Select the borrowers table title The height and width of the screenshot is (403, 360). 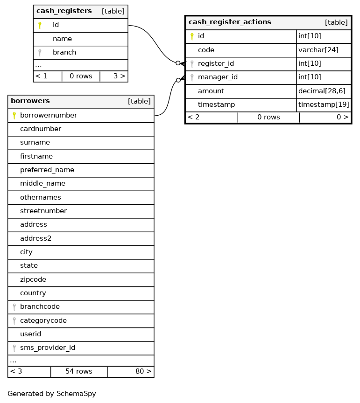coord(30,101)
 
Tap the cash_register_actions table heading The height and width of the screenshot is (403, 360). coord(230,22)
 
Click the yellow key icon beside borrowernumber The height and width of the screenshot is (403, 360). coord(14,115)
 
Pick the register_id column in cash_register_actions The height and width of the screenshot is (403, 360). coord(216,63)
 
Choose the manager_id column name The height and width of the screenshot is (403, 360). coord(218,77)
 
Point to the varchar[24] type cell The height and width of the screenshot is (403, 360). coord(318,50)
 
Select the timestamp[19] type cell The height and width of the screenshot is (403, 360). coord(324,105)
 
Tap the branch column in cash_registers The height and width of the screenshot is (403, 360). coord(64,52)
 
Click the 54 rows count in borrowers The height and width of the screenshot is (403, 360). coord(79,372)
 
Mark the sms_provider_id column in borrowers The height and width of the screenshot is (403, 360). coord(48,348)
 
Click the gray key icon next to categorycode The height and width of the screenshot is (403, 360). coord(14,321)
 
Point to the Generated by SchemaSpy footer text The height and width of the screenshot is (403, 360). coord(52,394)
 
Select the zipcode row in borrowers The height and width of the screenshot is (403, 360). coord(33,280)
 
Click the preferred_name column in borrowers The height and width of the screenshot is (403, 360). coord(47,170)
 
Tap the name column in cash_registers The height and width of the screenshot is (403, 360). coord(62,39)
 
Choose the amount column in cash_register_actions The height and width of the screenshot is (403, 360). coord(211,91)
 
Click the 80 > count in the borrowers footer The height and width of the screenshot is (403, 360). coord(143,372)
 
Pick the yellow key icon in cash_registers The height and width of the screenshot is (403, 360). coord(40,25)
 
